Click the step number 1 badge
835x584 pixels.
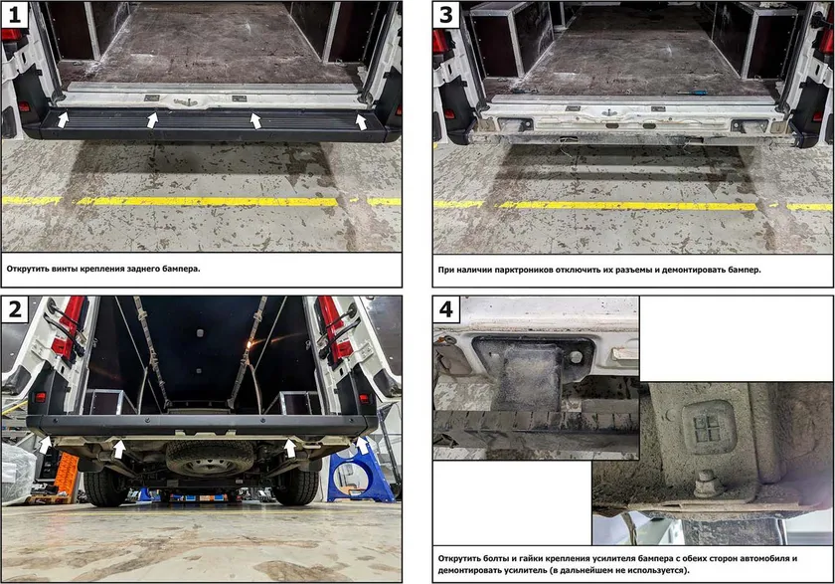click(14, 14)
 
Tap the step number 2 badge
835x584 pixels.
click(14, 309)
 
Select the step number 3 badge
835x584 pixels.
click(446, 14)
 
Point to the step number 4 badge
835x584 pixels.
click(446, 309)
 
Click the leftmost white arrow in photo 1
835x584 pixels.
click(63, 118)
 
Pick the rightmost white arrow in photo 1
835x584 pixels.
click(361, 121)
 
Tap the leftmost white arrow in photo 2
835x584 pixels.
click(46, 445)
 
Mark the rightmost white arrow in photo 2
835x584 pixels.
click(362, 446)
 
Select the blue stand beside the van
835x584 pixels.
click(361, 475)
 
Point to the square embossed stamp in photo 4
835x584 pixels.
click(708, 427)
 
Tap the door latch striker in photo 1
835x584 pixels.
click(185, 101)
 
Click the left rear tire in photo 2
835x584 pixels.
click(104, 486)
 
